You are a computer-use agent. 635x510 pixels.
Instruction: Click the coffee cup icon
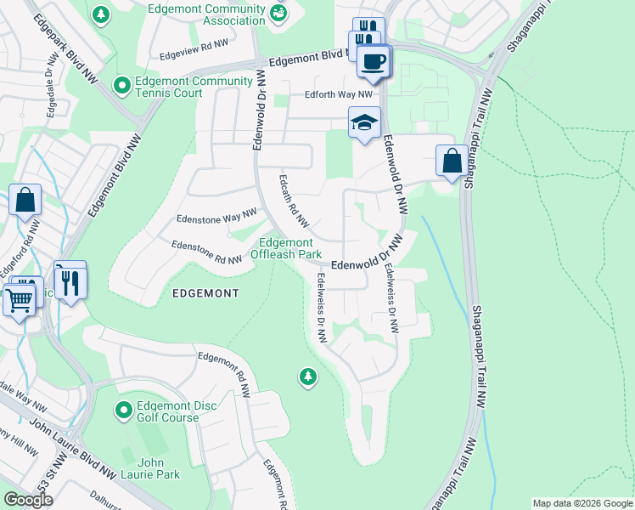point(374,60)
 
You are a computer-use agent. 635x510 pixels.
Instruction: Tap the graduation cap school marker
point(364,124)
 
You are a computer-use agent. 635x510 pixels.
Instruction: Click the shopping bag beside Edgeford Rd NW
point(25,201)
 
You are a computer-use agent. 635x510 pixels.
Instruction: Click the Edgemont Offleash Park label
point(290,248)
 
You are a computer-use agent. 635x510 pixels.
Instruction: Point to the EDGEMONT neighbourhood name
point(205,292)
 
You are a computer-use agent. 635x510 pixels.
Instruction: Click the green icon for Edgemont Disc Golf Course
point(124,411)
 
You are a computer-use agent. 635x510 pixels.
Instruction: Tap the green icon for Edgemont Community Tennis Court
point(122,86)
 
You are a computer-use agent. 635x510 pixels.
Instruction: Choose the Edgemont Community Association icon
point(278,14)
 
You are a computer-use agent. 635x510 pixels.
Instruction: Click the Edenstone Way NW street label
point(216,218)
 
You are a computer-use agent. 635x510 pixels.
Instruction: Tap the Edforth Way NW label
point(339,94)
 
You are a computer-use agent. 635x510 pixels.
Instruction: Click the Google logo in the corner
point(28,500)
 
